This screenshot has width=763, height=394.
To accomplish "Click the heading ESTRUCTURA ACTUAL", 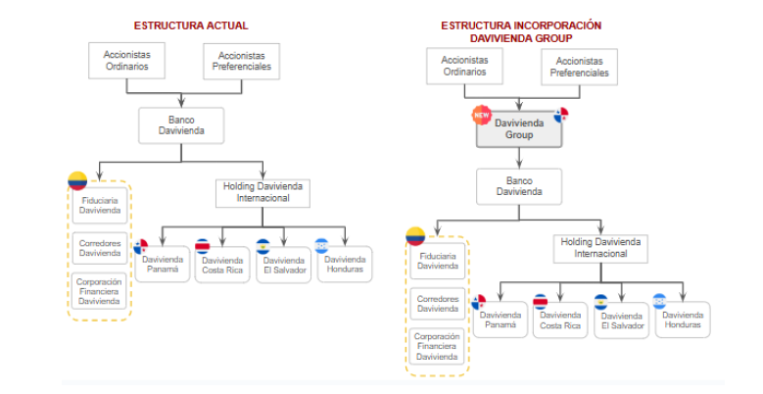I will (x=191, y=25).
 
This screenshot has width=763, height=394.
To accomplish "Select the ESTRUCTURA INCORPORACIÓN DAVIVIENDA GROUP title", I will (x=521, y=31).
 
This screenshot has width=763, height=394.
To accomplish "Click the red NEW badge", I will (x=481, y=115).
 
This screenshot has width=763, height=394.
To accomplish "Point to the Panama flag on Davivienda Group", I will (x=561, y=115).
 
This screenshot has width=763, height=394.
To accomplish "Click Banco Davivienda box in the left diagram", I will (x=181, y=125).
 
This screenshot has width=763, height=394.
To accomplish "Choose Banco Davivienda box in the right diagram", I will (x=518, y=186).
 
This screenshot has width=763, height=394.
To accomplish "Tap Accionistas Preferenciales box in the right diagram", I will (x=579, y=67).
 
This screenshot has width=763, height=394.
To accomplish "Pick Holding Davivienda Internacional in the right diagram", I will (x=601, y=248).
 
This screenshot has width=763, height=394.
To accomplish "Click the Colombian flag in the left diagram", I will (x=77, y=180).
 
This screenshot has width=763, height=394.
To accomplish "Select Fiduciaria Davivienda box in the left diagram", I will (x=100, y=206).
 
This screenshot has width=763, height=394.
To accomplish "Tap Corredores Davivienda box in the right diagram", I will (x=437, y=303).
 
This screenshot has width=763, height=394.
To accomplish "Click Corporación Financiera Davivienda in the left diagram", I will (x=100, y=291).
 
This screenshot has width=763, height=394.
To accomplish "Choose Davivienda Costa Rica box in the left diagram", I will (x=222, y=266).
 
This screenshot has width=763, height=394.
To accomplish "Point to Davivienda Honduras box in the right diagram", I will (x=682, y=320).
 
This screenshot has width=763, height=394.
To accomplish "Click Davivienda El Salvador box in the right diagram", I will (x=621, y=321).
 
